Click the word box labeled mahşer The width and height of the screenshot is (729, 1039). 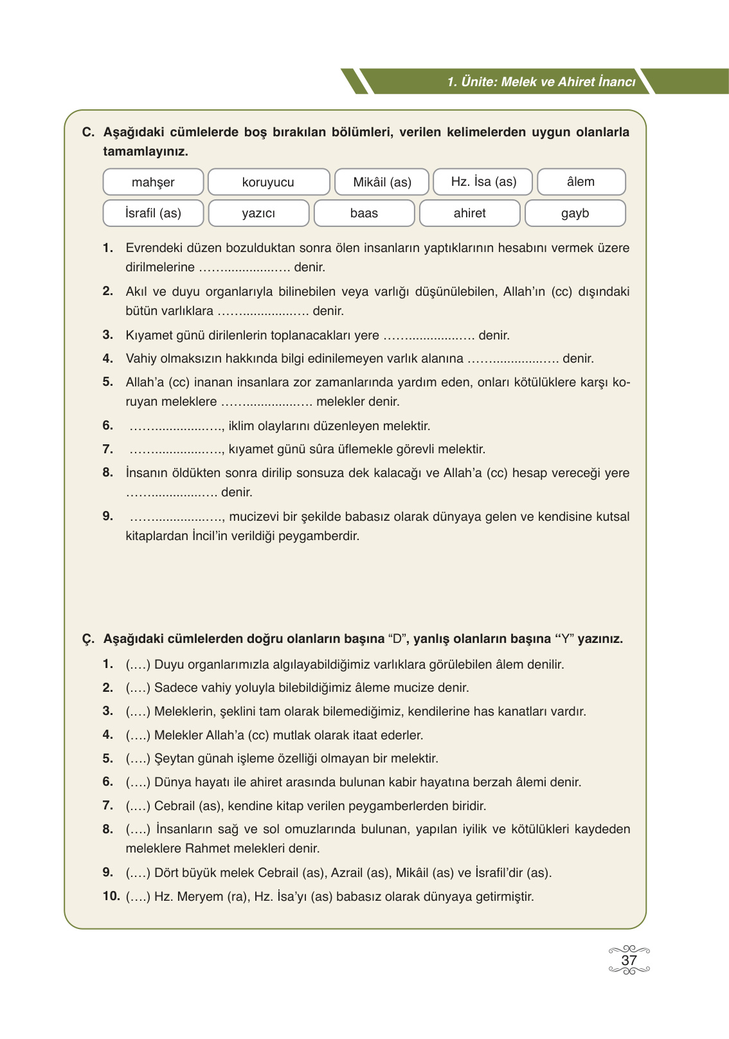coord(153,182)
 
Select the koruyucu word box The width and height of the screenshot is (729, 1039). coord(268,182)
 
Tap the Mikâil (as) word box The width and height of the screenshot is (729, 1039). coord(382,182)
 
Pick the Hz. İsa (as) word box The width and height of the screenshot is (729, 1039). coord(483,182)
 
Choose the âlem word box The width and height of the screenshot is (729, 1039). coord(580,182)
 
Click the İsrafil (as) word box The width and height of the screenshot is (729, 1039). coord(153,213)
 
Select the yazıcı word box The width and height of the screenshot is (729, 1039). coord(258,213)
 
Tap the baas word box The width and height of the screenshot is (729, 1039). coord(364,213)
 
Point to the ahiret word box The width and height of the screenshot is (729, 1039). coord(469,213)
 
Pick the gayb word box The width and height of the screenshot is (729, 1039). coord(575,213)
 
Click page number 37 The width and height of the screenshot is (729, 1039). coord(629,961)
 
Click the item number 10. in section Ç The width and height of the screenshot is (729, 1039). coord(111,896)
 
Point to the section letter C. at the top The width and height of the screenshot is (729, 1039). coord(88,132)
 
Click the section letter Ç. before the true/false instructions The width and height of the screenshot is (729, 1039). coord(88,639)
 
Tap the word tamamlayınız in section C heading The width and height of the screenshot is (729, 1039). coord(145,152)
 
